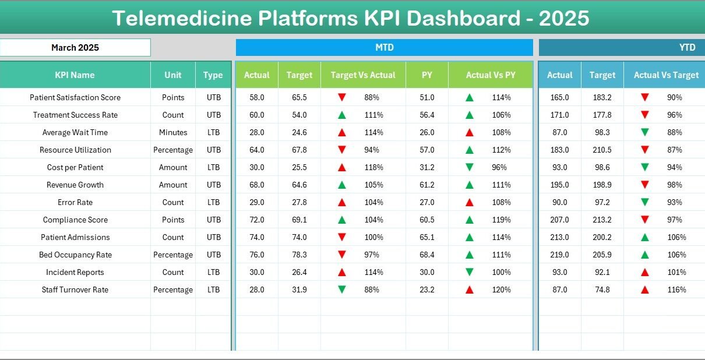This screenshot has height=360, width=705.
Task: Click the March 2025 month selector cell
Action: click(75, 48)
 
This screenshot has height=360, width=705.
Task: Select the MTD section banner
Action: click(384, 48)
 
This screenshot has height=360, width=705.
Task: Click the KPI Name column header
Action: click(75, 75)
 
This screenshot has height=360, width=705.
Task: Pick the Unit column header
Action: click(172, 75)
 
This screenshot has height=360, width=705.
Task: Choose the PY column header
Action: click(427, 75)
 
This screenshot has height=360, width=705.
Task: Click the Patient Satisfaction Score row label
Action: click(75, 97)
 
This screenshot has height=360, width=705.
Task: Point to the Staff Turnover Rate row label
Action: click(75, 290)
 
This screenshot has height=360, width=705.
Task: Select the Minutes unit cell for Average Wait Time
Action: click(173, 132)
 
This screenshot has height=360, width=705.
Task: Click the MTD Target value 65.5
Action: click(299, 97)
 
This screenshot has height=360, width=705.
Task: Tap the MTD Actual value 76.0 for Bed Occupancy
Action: click(256, 255)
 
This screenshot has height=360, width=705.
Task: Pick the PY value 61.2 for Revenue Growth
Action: click(427, 185)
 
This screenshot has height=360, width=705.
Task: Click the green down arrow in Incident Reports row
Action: click(469, 272)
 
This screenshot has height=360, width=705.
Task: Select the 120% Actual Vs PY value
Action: click(502, 290)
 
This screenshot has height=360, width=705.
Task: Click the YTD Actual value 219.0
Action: click(559, 255)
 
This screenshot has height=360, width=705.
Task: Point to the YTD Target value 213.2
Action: click(602, 220)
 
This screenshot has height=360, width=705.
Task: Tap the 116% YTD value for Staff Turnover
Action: click(676, 290)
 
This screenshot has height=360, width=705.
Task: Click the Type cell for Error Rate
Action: click(213, 202)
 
